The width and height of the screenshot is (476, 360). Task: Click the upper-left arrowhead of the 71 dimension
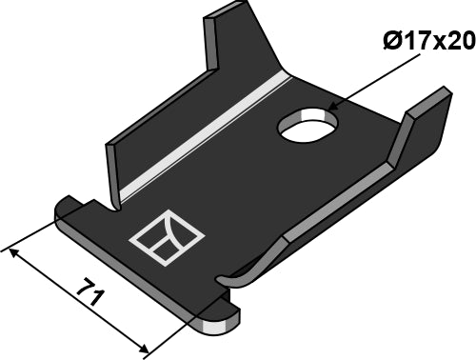pyautogui.click(x=11, y=251)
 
